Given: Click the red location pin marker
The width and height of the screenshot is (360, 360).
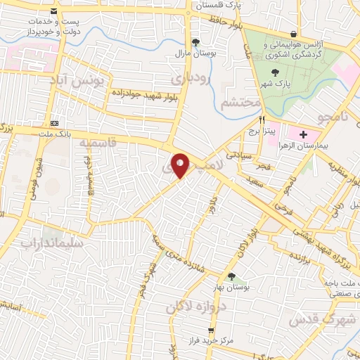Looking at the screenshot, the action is (181, 166).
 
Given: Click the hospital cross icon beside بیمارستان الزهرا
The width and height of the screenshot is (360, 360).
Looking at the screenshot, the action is (303, 134).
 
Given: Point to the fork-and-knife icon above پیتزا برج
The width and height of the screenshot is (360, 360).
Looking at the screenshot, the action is (262, 120).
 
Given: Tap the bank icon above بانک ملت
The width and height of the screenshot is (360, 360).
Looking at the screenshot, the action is (55, 114).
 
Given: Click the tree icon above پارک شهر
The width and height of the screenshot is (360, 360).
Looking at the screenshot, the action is (274, 72).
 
